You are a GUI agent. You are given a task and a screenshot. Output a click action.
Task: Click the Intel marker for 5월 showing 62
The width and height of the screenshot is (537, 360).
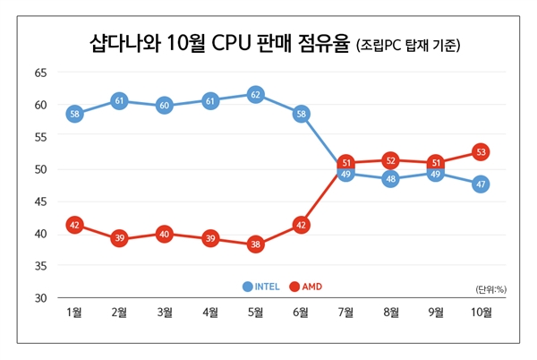coord(255,94)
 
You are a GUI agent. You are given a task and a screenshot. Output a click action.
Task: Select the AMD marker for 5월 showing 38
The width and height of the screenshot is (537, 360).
coord(255,244)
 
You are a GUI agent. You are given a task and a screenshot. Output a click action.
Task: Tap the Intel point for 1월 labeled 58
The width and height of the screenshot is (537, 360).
coord(74,114)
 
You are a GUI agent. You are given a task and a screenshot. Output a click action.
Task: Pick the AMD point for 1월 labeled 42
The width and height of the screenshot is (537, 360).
coord(74,225)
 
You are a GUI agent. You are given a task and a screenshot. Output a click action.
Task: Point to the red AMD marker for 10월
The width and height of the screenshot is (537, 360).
coord(481,152)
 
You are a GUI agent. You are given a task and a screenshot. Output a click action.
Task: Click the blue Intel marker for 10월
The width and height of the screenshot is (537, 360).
coord(481,184)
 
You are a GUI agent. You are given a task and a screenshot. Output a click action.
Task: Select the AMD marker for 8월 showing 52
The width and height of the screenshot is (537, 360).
coord(390,160)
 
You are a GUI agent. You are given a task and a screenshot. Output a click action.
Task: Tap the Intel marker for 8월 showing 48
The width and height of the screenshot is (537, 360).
coord(390,179)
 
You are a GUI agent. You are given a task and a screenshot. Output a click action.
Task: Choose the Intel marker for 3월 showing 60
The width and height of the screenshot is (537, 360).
coord(165,106)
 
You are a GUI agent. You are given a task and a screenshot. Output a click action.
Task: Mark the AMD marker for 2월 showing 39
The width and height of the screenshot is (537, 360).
coord(119,238)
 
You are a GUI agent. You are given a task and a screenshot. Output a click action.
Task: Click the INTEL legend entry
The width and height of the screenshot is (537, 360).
coord(261,287)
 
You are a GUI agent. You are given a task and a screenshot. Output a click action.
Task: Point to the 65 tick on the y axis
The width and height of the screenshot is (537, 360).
coord(40,73)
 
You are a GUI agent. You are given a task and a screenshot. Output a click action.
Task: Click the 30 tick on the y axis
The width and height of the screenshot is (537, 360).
coord(40,297)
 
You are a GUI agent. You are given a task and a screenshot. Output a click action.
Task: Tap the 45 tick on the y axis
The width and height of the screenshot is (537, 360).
coord(40,201)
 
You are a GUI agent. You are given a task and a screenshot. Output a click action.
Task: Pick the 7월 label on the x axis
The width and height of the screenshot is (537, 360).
coord(345,313)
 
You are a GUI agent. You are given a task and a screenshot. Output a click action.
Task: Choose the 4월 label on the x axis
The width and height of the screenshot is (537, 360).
coord(210,313)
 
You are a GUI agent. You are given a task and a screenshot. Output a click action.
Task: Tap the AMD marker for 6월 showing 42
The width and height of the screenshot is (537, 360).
coord(300,226)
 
